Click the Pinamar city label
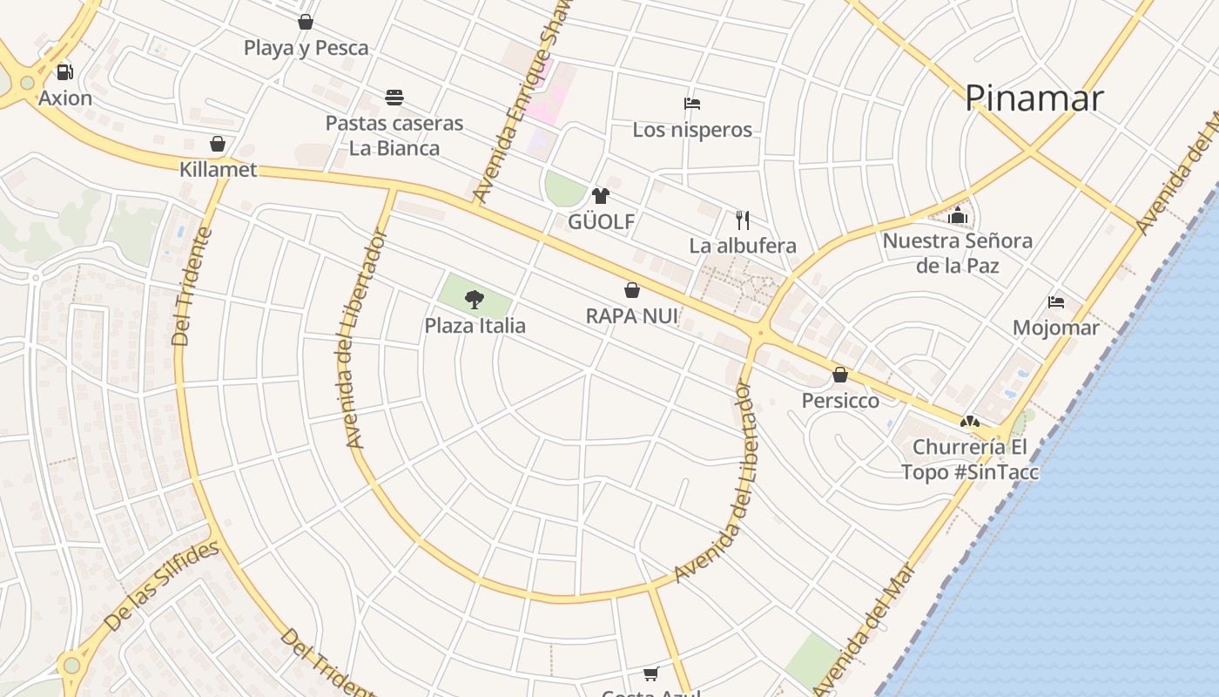[x=1034, y=98]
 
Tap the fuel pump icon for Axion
[x=64, y=72]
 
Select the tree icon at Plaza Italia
[x=474, y=300]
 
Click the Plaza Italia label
[x=475, y=326]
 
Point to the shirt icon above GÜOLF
[x=600, y=196]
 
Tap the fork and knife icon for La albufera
[x=742, y=220]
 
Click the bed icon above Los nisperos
[x=692, y=104]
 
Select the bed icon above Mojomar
[x=1056, y=302]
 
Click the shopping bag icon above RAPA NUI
[x=632, y=290]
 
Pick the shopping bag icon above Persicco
[x=840, y=375]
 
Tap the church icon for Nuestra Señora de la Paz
[x=958, y=214]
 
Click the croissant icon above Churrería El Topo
[x=968, y=422]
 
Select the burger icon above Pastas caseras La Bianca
[x=394, y=97]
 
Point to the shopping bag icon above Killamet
[x=218, y=144]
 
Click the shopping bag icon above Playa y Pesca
[x=306, y=22]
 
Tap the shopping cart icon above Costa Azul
[x=650, y=673]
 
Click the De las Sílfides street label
[x=162, y=586]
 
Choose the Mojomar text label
[x=1055, y=328]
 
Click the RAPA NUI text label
[x=631, y=315]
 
